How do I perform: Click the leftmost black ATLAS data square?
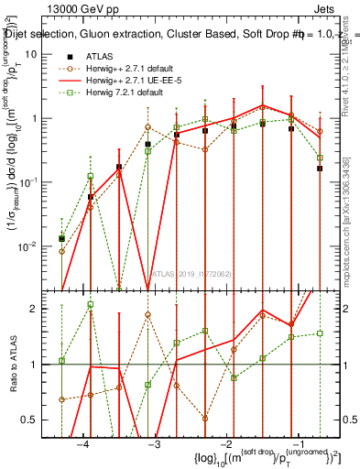click(61, 238)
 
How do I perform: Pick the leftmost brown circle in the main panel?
click(61, 251)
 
